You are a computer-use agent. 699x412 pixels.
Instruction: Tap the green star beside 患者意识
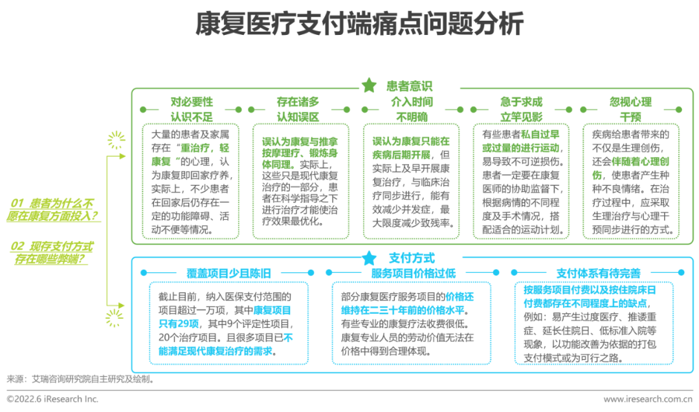[x=369, y=85]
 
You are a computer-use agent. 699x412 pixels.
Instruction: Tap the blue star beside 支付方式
[x=370, y=258]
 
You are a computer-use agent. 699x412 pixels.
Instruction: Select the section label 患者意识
[x=409, y=85]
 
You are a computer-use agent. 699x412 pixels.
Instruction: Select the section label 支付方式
[x=412, y=258]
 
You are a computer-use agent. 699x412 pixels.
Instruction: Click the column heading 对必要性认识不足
[x=192, y=109]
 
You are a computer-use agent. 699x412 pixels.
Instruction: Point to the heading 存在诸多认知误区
[x=298, y=109]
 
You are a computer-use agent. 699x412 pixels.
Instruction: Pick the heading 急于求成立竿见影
[x=521, y=109]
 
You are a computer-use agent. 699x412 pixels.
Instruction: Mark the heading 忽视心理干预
[x=630, y=109]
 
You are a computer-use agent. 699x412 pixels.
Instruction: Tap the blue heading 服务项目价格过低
[x=413, y=274]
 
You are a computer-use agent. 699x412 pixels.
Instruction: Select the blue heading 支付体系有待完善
[x=598, y=274]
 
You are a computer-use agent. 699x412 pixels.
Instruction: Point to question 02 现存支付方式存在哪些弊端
[x=52, y=253]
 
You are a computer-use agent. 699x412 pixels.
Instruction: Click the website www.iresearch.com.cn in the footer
[x=647, y=399]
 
